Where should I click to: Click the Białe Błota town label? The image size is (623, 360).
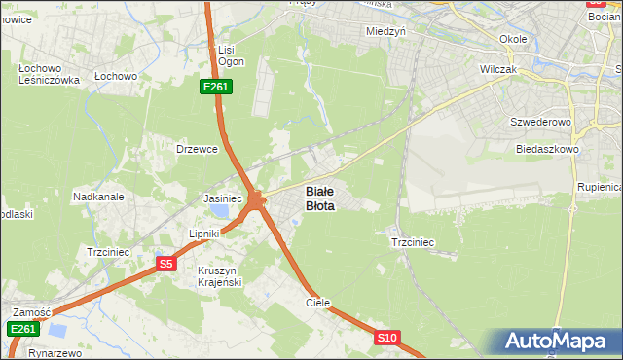pyautogui.click(x=320, y=198)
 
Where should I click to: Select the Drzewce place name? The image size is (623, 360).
pyautogui.click(x=195, y=149)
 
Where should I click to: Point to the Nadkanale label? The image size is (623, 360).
pyautogui.click(x=98, y=197)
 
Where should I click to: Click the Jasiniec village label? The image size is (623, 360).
pyautogui.click(x=222, y=198)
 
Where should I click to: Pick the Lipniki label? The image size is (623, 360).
pyautogui.click(x=205, y=234)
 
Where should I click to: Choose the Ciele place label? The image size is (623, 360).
pyautogui.click(x=318, y=303)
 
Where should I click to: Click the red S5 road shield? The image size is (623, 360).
pyautogui.click(x=165, y=263)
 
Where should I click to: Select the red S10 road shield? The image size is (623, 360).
pyautogui.click(x=386, y=338)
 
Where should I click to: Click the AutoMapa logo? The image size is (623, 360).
pyautogui.click(x=557, y=342)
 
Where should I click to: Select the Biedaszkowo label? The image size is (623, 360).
pyautogui.click(x=549, y=150)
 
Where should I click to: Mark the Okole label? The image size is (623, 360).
pyautogui.click(x=512, y=39)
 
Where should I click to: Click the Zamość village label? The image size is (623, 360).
pyautogui.click(x=31, y=311)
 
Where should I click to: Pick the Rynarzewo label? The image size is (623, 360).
pyautogui.click(x=57, y=353)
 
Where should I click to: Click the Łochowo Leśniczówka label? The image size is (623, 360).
pyautogui.click(x=49, y=74)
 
